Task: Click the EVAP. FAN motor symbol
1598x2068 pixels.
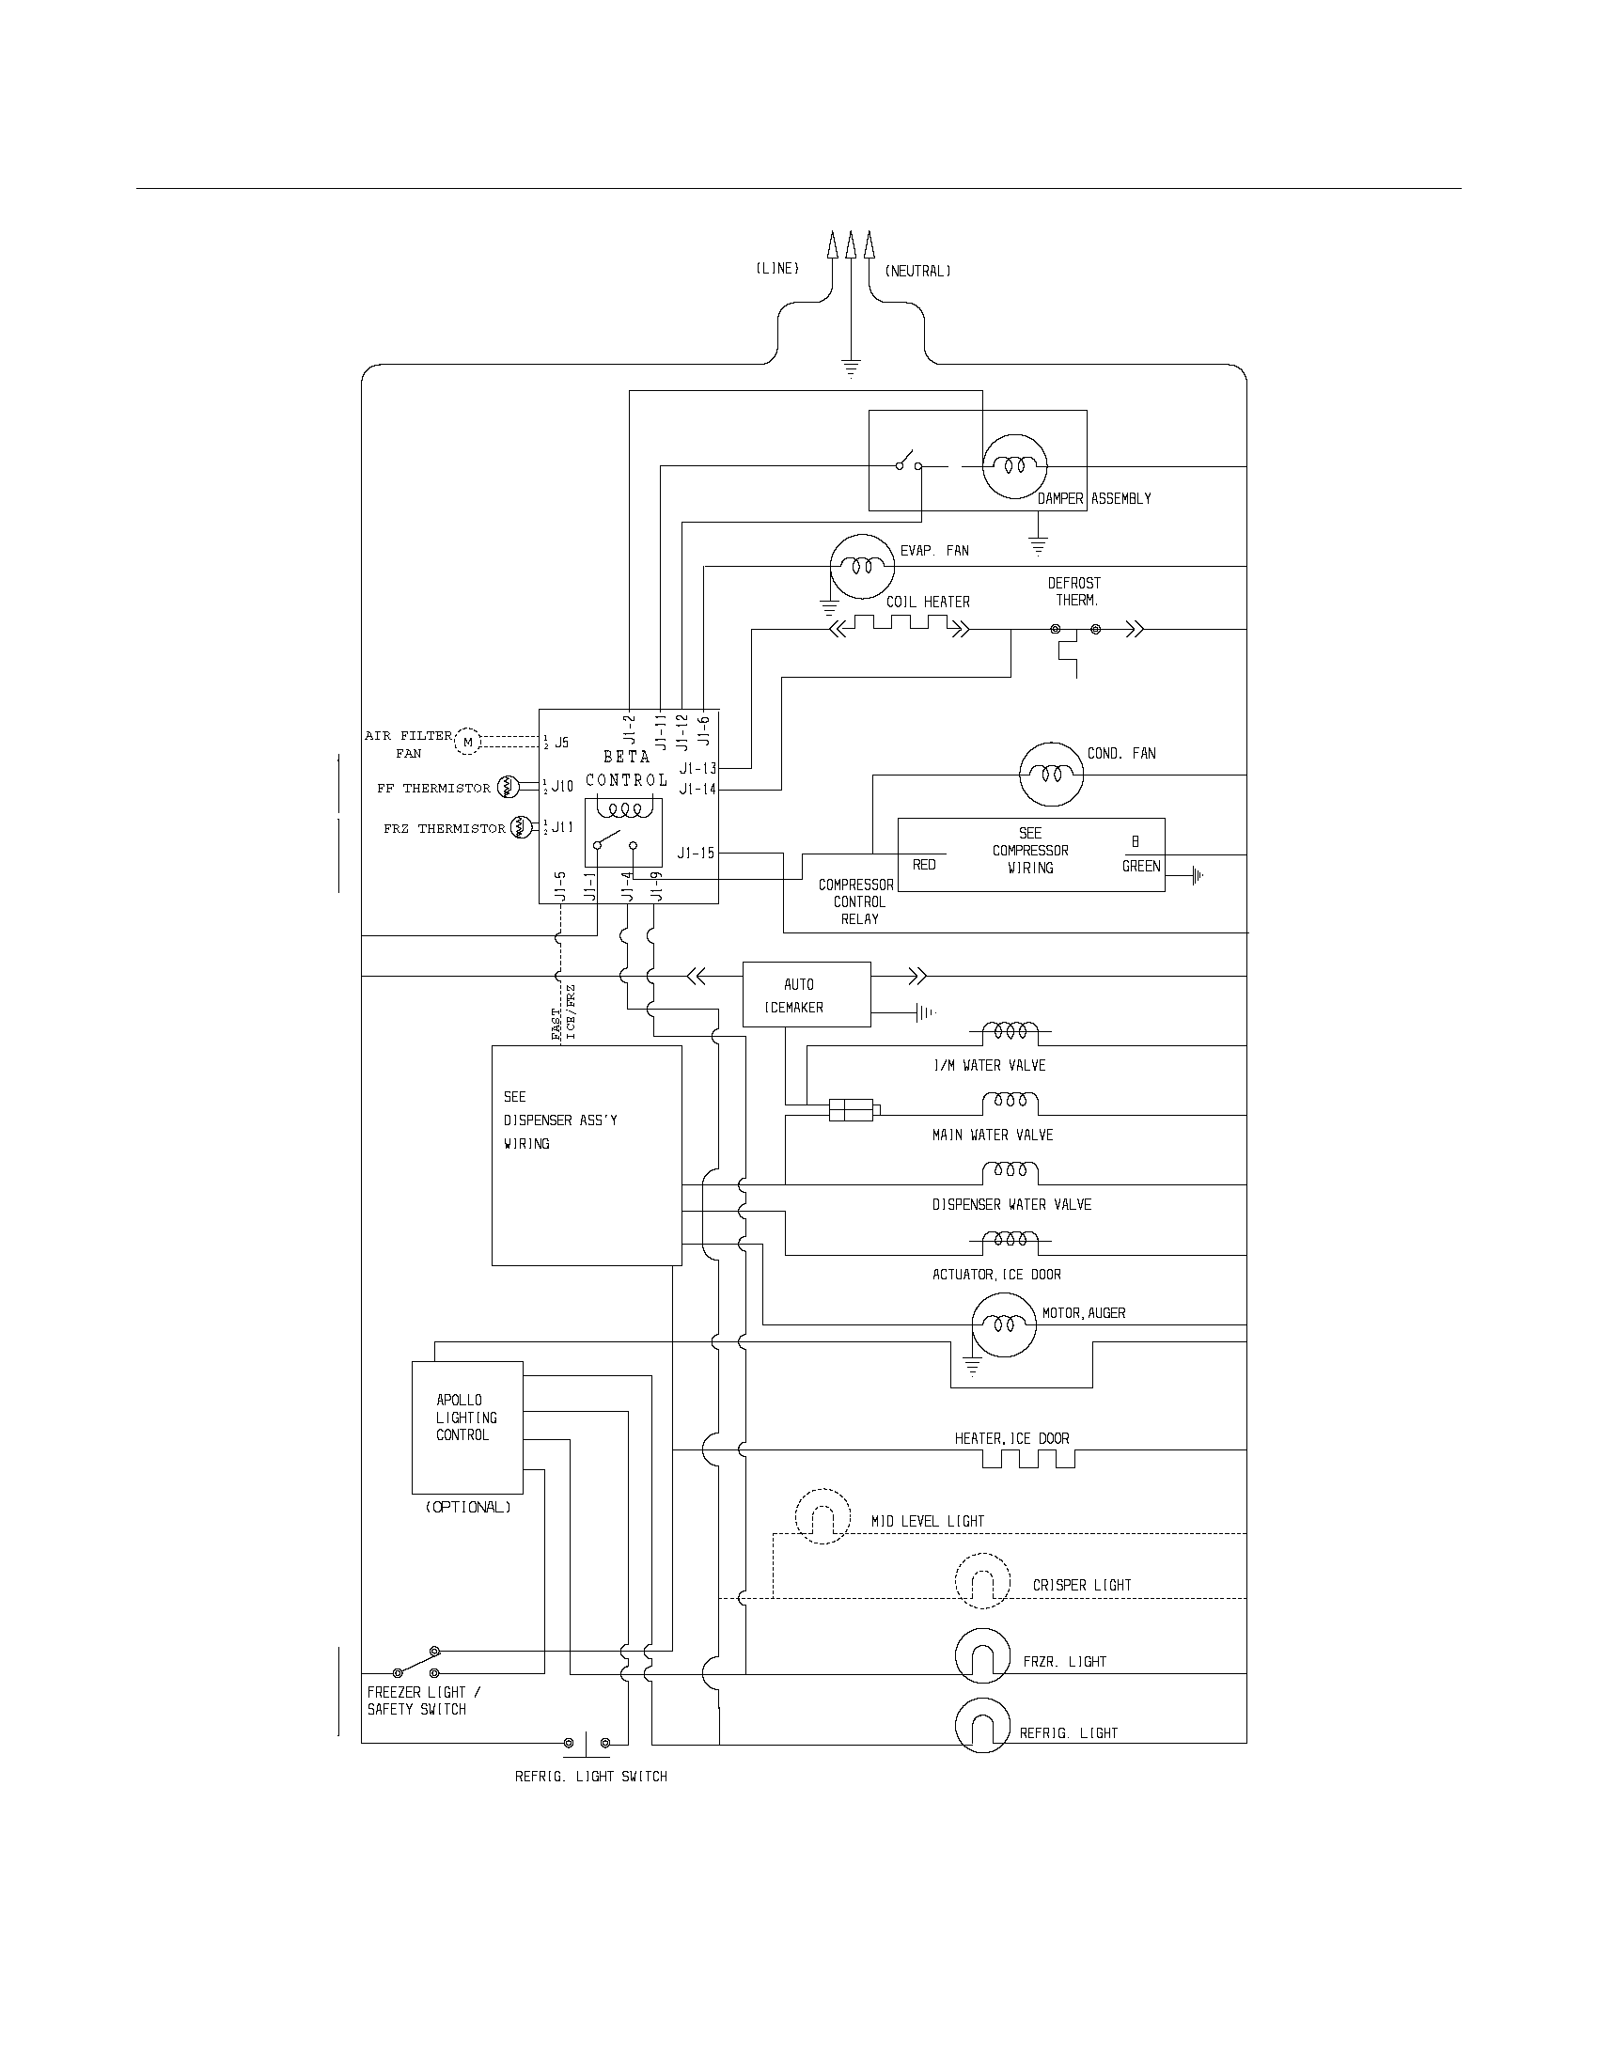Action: (x=861, y=566)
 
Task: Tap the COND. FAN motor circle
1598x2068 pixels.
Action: (x=1051, y=774)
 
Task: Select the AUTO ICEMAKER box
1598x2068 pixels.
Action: (x=806, y=995)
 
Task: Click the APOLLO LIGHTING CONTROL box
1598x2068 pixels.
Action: (x=467, y=1428)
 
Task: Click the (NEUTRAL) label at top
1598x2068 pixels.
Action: (x=917, y=272)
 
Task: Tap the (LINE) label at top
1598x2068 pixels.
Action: (x=777, y=269)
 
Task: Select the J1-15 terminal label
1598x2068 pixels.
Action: (x=696, y=854)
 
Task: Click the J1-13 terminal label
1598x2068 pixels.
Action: (x=697, y=769)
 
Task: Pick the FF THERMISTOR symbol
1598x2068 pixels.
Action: (x=507, y=787)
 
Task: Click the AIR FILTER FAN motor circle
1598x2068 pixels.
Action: (x=468, y=743)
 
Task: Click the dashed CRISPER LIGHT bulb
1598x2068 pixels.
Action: (x=983, y=1579)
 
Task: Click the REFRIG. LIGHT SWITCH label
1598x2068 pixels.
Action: (x=590, y=1778)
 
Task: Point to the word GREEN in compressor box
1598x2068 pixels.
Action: (x=1141, y=867)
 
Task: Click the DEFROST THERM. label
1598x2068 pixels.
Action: (x=1074, y=592)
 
